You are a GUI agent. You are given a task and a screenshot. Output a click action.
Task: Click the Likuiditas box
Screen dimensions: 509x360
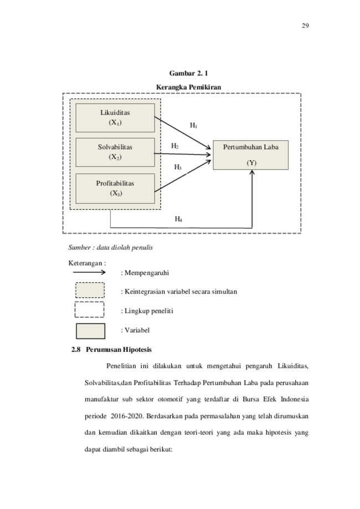[115, 117]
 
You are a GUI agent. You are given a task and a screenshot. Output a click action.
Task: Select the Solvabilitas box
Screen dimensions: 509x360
[115, 152]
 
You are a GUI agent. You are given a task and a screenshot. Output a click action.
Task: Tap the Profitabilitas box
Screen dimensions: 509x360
[115, 188]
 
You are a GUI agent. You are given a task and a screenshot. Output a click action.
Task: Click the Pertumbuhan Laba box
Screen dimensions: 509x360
[250, 155]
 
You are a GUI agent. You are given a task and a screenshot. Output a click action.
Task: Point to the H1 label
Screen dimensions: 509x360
[193, 126]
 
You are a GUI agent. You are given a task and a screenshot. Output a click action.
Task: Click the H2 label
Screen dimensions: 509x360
[174, 146]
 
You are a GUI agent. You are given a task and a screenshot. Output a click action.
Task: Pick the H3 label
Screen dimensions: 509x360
[178, 167]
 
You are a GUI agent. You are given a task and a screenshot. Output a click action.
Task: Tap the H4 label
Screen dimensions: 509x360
[178, 219]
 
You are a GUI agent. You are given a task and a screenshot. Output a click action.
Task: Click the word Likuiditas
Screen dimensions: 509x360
[115, 112]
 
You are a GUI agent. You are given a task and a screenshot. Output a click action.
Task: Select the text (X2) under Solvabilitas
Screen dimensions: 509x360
[115, 157]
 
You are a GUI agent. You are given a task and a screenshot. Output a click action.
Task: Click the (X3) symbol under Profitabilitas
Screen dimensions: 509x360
[115, 193]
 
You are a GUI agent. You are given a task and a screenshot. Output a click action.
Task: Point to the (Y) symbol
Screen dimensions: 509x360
[252, 163]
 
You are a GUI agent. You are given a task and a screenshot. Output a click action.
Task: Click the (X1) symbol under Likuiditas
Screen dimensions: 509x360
[115, 122]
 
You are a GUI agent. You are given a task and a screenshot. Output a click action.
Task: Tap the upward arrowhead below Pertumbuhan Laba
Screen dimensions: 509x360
[252, 173]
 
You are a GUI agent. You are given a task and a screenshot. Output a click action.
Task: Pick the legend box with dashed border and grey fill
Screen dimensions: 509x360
[90, 290]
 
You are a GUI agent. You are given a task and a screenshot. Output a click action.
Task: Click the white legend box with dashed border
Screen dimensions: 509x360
[90, 310]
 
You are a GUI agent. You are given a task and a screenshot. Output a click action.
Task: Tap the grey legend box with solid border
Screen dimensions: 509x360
[90, 331]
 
